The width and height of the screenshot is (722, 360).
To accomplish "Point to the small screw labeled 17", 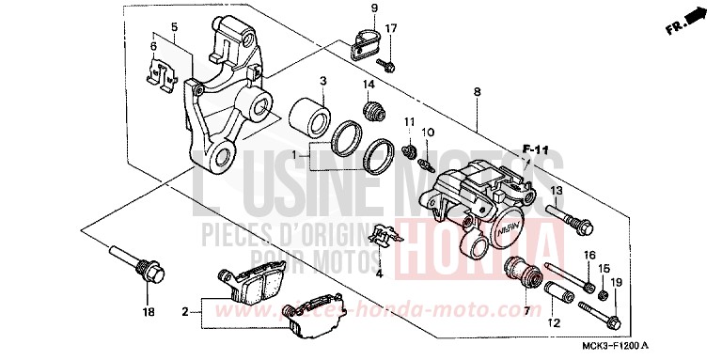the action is [x=386, y=65].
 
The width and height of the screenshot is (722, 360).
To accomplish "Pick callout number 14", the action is [x=369, y=86].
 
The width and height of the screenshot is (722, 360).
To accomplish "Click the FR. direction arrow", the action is [x=692, y=18].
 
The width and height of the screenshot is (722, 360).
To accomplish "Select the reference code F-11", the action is [x=534, y=149].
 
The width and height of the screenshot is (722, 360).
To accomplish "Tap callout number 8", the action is [x=477, y=91].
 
